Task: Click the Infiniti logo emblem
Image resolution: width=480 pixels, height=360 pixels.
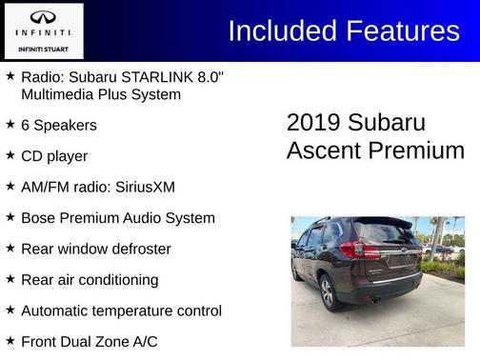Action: (44, 18)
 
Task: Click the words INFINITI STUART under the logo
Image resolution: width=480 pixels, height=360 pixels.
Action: (44, 48)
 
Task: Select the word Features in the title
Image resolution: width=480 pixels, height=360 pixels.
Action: (400, 30)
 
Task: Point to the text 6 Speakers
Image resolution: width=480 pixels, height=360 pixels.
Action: (59, 125)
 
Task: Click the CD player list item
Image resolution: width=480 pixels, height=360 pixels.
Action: (54, 155)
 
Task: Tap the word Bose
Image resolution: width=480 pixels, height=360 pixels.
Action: (40, 217)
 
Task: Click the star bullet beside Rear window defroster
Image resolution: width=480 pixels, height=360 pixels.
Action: (10, 248)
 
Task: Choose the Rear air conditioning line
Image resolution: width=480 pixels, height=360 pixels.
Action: (90, 279)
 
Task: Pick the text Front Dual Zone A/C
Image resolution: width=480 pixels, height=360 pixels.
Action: (90, 341)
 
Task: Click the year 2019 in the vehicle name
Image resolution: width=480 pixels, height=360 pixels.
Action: (313, 123)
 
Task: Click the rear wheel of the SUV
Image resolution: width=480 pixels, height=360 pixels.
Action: (328, 291)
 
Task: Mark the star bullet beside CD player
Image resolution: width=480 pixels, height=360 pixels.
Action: (10, 155)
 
